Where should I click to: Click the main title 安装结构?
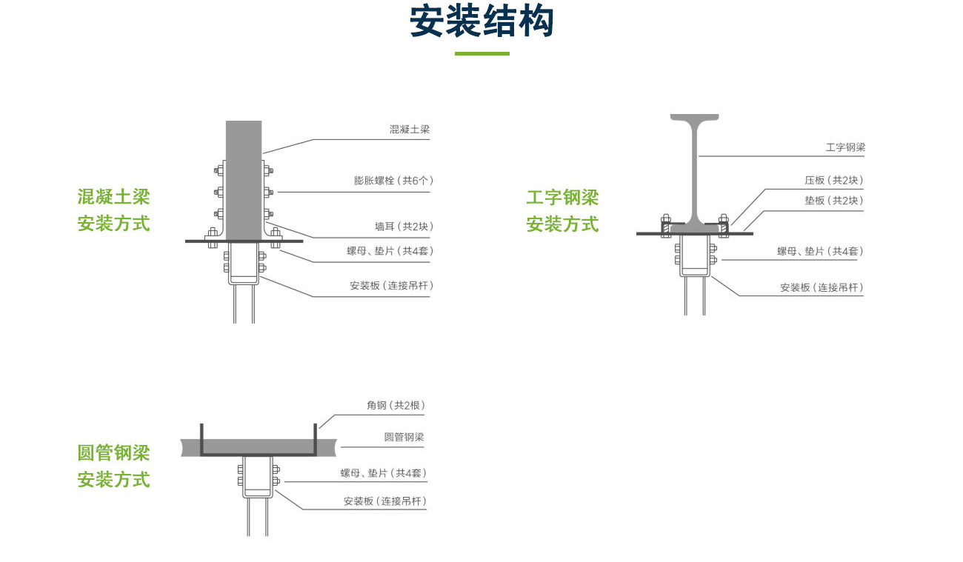481,22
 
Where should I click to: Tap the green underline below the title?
481,53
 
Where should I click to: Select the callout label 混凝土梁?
410,129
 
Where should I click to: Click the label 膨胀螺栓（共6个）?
393,180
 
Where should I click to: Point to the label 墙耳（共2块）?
404,227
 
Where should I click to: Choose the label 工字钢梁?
845,147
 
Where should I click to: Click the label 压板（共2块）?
833,180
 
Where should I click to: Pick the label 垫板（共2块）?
833,200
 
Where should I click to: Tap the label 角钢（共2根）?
396,405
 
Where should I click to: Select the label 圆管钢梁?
404,437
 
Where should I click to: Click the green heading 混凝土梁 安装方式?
114,210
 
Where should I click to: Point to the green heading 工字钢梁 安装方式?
562,211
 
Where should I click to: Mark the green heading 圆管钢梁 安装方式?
114,466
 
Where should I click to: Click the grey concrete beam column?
244,178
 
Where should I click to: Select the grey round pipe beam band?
259,446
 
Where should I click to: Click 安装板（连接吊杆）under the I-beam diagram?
822,287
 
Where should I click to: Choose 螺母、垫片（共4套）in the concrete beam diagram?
390,251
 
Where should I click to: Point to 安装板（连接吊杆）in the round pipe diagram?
385,501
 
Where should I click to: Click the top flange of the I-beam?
695,118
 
